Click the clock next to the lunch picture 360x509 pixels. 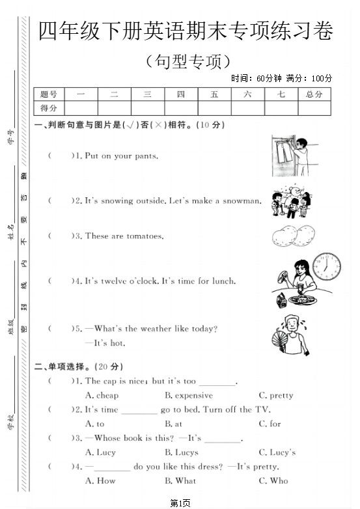[327, 267]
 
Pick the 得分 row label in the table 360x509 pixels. [49, 108]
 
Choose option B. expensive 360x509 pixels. [189, 395]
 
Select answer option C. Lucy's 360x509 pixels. [277, 452]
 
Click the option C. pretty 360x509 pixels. [276, 395]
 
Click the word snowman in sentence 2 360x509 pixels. [243, 201]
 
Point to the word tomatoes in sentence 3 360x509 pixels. [144, 236]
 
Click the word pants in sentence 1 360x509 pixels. [146, 156]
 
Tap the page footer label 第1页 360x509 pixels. [180, 502]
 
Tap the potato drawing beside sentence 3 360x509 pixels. [290, 236]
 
